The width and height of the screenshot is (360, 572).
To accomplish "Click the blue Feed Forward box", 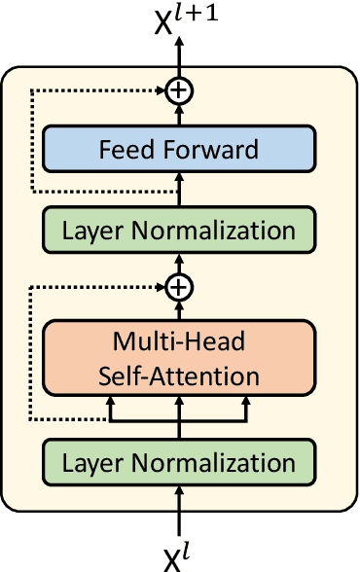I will [178, 151].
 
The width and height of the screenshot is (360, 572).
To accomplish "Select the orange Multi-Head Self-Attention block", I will [178, 359].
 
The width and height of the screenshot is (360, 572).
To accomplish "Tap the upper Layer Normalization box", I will [178, 231].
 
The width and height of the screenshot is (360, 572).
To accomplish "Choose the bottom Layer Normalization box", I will [178, 463].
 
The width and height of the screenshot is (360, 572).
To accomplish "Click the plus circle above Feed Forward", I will [178, 90].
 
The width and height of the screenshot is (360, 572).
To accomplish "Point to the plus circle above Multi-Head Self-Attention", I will [178, 287].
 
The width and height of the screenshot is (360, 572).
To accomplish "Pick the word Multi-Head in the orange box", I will [178, 343].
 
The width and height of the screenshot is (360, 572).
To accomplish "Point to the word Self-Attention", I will [178, 375].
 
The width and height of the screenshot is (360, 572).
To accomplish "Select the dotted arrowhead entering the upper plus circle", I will [161, 90].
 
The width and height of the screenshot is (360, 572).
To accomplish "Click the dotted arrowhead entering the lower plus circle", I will [161, 287].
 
